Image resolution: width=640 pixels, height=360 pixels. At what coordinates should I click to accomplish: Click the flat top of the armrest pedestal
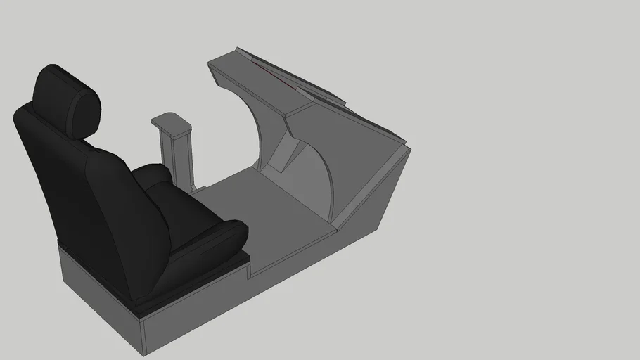(x=172, y=124)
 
